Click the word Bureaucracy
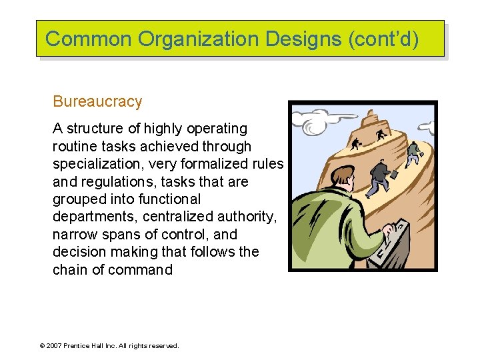coord(97,102)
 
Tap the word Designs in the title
coord(304,39)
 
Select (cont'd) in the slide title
coord(384,39)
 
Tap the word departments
coord(92,217)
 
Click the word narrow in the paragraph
coord(73,235)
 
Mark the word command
coord(142,270)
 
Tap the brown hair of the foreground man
coord(341,176)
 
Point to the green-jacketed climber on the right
coord(413,152)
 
